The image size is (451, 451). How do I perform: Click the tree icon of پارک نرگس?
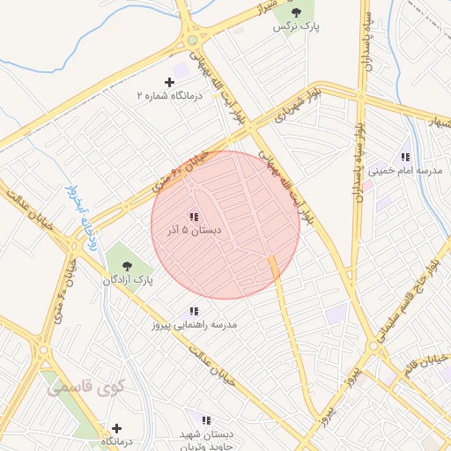pyautogui.click(x=296, y=12)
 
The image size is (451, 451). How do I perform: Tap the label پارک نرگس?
pyautogui.click(x=296, y=27)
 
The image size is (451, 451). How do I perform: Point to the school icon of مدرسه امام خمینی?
pyautogui.click(x=405, y=156)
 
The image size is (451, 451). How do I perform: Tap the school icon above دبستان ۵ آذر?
pyautogui.click(x=193, y=217)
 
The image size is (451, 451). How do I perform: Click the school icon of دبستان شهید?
pyautogui.click(x=205, y=421)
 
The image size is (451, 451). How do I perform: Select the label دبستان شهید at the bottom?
pyautogui.click(x=208, y=435)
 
